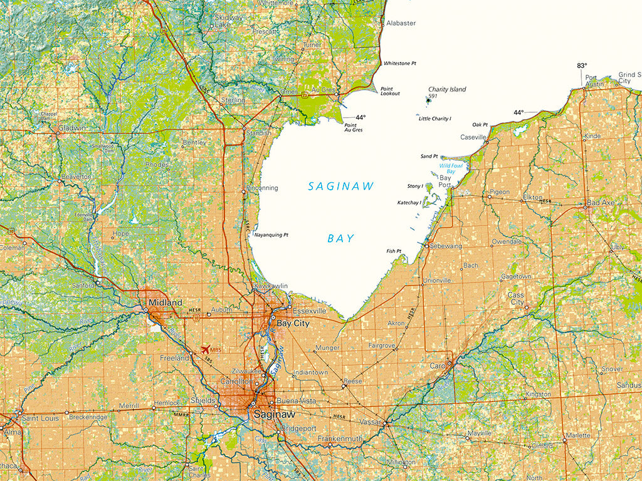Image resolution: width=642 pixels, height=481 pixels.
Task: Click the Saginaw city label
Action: coord(274,414)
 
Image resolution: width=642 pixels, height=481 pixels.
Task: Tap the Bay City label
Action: coord(293,323)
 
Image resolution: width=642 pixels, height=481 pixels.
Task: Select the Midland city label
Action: coord(166,303)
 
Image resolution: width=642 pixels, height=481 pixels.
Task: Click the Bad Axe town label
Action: coord(601,203)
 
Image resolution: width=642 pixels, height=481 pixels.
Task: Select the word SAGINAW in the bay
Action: coord(341,186)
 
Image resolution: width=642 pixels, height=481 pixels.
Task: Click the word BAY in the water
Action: coord(340,238)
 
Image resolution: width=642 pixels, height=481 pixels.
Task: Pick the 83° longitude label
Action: coord(582,66)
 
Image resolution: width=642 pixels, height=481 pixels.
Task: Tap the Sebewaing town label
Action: coord(446,246)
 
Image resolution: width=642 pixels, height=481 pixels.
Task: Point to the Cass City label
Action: coord(516,298)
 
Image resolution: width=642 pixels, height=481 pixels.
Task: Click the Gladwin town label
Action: coord(71,128)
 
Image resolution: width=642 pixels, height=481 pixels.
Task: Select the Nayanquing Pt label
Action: coord(270,235)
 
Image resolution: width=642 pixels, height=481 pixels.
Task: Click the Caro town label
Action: coord(436,365)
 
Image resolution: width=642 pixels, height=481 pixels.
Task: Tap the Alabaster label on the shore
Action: coord(401,23)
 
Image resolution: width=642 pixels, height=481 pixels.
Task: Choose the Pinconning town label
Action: coord(262,187)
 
